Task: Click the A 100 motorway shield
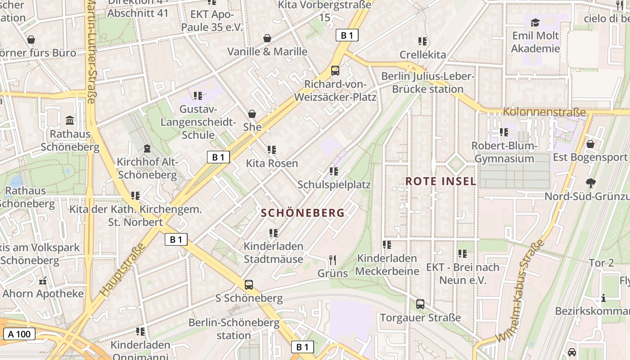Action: point(19,334)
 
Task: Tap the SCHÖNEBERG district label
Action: point(302,213)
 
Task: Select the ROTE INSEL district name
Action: point(441,181)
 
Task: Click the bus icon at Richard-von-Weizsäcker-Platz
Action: point(335,71)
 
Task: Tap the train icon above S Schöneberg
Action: point(248,284)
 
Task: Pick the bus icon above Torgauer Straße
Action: point(420,304)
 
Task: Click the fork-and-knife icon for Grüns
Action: point(333,260)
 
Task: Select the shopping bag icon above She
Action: point(252,114)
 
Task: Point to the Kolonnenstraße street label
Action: point(544,112)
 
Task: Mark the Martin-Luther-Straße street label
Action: point(91,52)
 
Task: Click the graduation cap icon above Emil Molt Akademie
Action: point(535,22)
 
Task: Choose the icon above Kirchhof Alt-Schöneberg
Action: point(147,148)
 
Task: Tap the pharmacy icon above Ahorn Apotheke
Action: point(43,281)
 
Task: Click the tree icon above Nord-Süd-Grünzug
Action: point(590,183)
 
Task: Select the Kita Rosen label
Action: point(272,163)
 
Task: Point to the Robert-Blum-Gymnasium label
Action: point(504,152)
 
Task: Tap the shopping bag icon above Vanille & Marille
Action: point(267,38)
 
